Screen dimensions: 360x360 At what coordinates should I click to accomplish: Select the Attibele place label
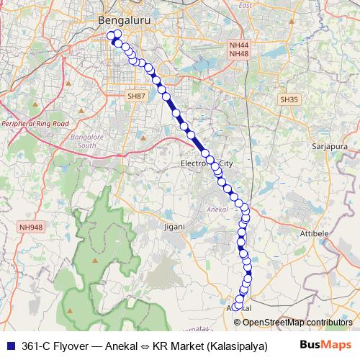pos(315,234)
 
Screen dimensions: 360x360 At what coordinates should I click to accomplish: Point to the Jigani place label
pos(175,226)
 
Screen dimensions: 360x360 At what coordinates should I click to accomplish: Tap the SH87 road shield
pos(135,96)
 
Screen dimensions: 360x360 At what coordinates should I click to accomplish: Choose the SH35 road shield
pos(289,99)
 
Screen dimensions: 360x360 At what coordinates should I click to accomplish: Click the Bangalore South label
pos(97,141)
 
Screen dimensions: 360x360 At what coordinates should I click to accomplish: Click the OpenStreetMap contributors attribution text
pos(297,322)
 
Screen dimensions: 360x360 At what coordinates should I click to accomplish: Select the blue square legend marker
pos(10,346)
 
